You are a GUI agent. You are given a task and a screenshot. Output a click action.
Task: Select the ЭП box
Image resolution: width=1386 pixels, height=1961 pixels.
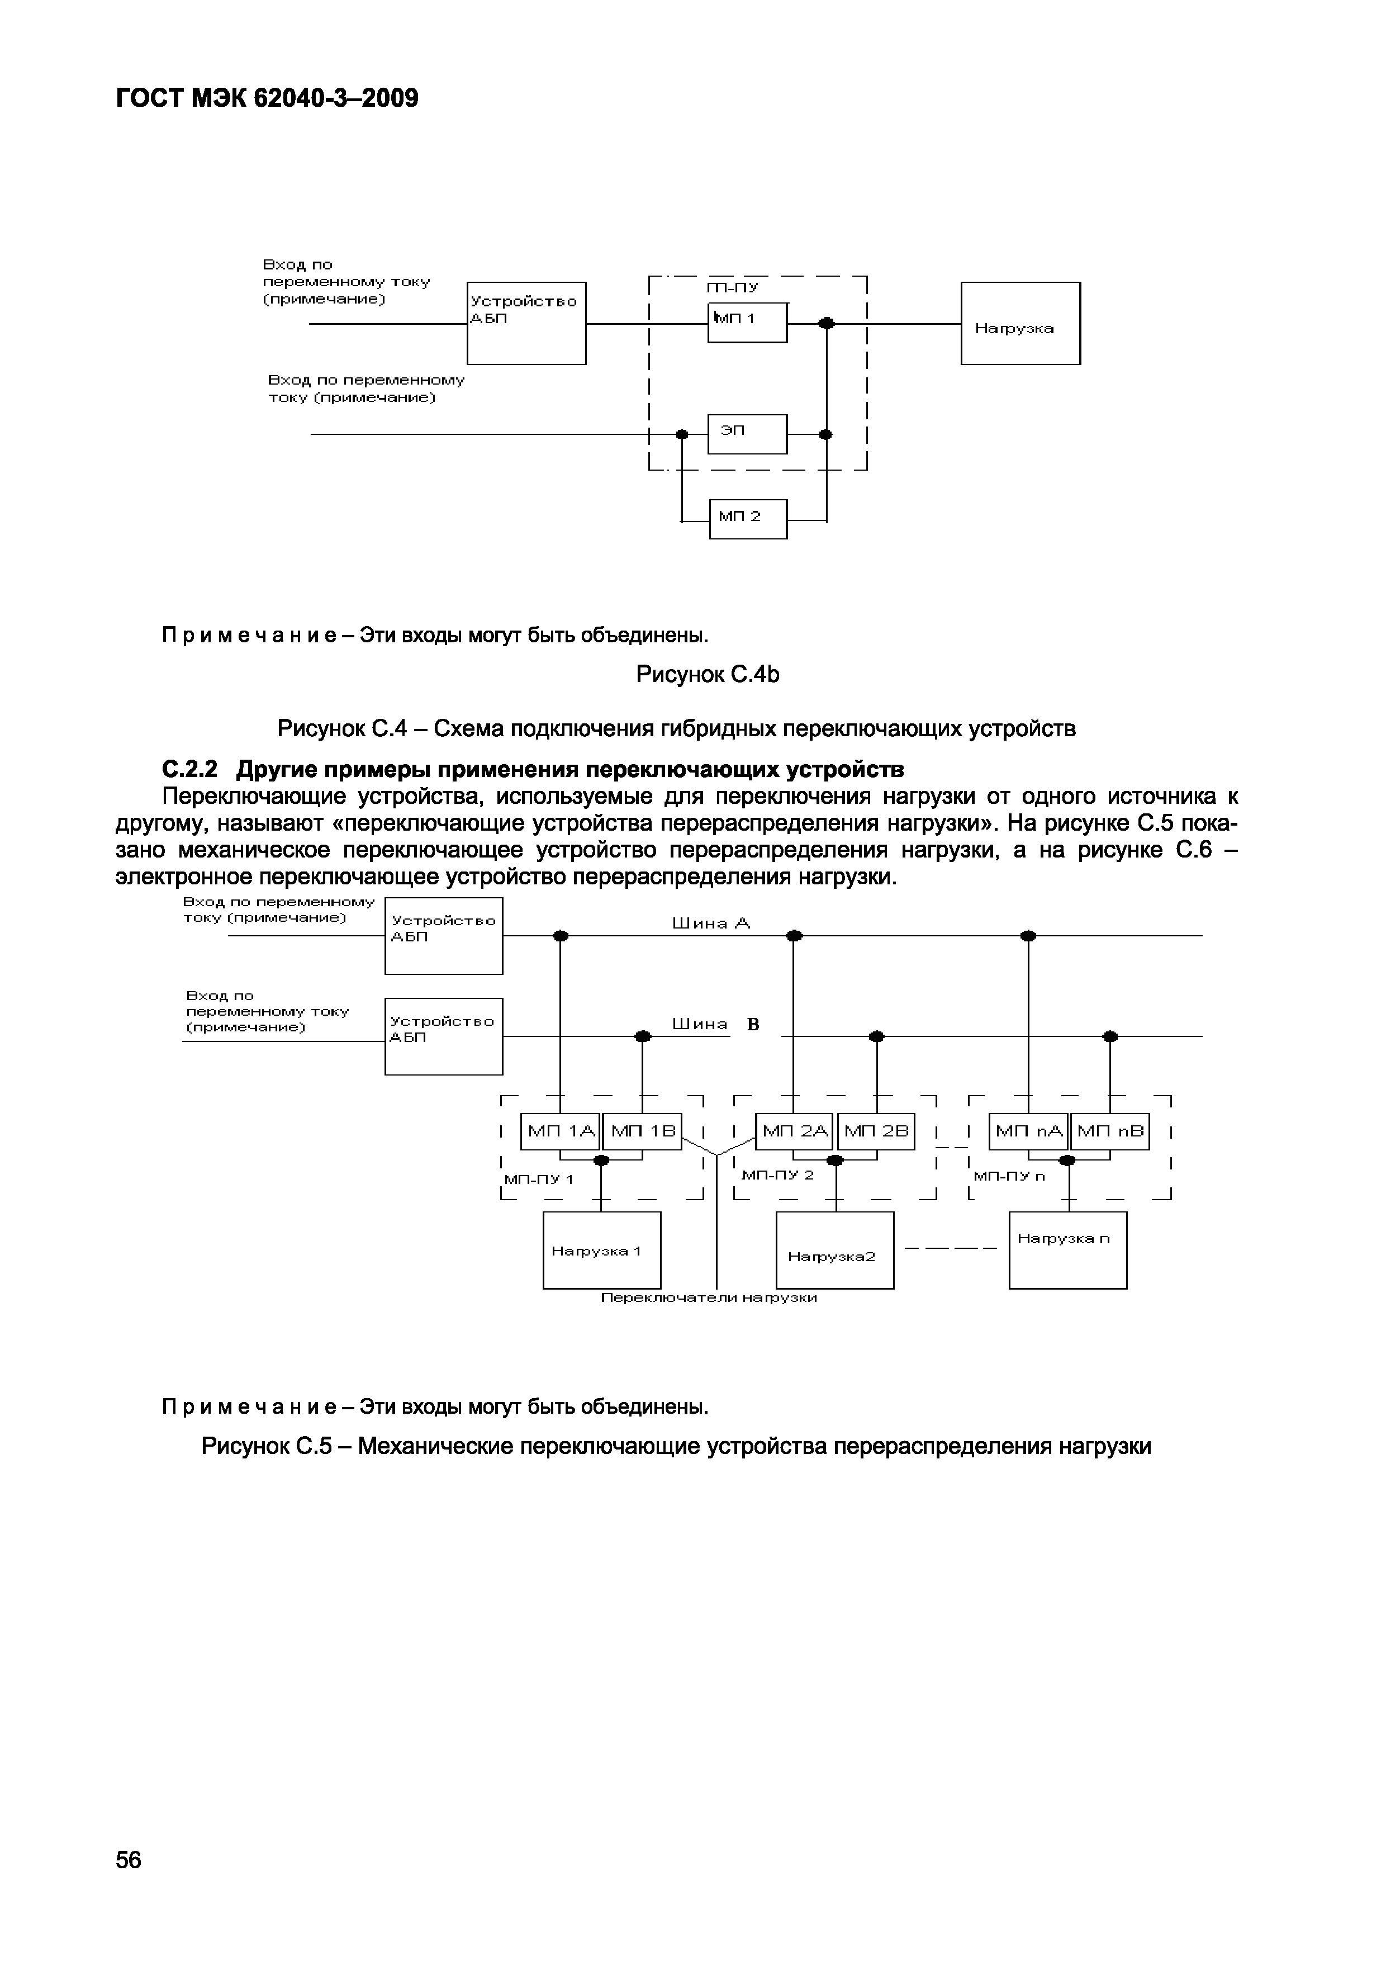[747, 434]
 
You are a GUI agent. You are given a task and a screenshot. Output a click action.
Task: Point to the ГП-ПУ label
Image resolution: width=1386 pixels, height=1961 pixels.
[732, 288]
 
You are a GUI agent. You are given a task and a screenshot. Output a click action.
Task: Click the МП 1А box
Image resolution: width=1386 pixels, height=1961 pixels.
[560, 1131]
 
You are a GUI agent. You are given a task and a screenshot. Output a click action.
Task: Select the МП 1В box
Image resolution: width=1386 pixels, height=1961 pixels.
[642, 1131]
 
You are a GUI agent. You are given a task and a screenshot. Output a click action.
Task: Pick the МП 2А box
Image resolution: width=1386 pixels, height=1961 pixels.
[794, 1131]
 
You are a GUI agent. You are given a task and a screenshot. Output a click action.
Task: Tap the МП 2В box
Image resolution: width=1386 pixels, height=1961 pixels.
[876, 1131]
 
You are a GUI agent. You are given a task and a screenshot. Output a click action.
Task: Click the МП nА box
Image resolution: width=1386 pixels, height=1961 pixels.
[1028, 1131]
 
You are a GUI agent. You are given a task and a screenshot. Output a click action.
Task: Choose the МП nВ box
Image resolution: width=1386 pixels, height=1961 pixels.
[1109, 1131]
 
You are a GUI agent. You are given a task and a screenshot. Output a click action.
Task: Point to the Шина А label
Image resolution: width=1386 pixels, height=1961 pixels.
[710, 923]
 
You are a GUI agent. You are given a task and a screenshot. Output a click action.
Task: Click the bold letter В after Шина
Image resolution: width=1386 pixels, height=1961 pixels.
[753, 1024]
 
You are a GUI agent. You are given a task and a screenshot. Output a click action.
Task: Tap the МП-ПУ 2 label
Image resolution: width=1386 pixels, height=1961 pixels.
[777, 1175]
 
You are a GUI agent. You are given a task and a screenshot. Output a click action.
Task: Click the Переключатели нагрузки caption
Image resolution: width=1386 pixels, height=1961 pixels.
[709, 1298]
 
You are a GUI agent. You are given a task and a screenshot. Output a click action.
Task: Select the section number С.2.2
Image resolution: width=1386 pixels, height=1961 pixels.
[189, 770]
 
